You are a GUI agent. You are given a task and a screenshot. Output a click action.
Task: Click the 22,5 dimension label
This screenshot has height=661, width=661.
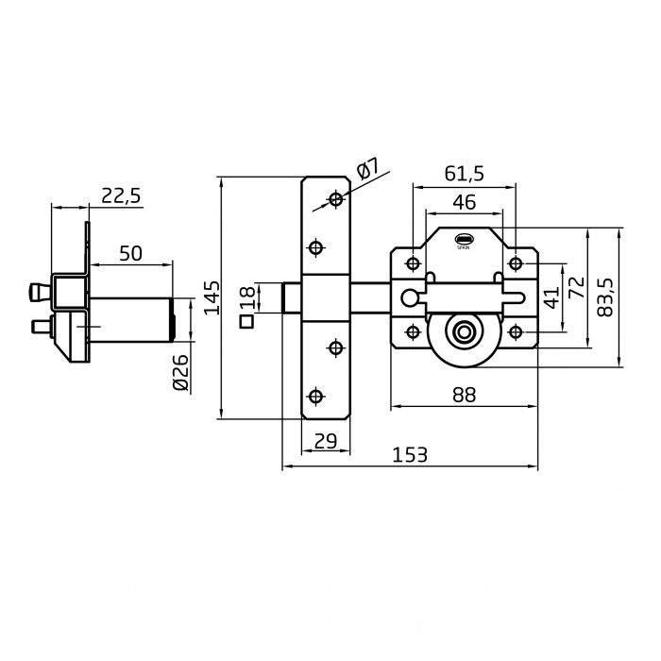[x=121, y=196]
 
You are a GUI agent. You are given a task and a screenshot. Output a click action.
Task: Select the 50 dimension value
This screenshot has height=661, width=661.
[x=130, y=254]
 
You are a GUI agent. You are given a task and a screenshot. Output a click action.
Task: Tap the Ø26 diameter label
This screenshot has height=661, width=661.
[x=181, y=372]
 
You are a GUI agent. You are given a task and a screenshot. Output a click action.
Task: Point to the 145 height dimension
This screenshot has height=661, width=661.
[x=212, y=297]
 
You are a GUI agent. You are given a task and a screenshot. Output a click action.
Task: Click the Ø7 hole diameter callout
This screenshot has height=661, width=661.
[x=367, y=169]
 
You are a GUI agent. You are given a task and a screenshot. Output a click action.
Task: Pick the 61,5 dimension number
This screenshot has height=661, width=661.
[x=465, y=174]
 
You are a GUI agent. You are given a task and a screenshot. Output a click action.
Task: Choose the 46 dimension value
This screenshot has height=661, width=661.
[x=465, y=202]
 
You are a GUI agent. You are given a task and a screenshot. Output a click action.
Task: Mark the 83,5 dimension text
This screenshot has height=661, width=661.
[x=605, y=297]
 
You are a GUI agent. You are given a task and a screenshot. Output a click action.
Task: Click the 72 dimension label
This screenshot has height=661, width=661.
[x=578, y=287]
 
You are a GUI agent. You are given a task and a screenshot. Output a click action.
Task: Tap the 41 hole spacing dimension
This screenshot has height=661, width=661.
[x=551, y=297]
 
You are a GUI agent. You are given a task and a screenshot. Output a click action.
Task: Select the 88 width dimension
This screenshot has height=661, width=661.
[x=465, y=395]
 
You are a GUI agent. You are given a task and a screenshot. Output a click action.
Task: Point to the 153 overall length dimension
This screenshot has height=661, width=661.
[x=410, y=455]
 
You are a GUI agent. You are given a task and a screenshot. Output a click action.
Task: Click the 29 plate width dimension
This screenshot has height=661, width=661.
[x=326, y=441]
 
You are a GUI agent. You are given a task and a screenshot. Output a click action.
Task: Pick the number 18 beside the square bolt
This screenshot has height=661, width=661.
[x=247, y=297]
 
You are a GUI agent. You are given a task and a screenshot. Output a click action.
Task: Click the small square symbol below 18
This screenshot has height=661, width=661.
[x=246, y=322]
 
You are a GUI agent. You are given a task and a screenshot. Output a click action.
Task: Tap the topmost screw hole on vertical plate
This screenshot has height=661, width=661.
[x=336, y=198]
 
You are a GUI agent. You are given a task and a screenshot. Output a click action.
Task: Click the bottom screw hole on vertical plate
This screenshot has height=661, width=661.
[x=315, y=397]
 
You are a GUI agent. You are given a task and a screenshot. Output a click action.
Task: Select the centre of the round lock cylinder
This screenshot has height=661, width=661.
[x=465, y=332]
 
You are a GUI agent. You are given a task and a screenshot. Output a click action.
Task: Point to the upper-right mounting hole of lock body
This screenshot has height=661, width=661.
[x=516, y=263]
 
